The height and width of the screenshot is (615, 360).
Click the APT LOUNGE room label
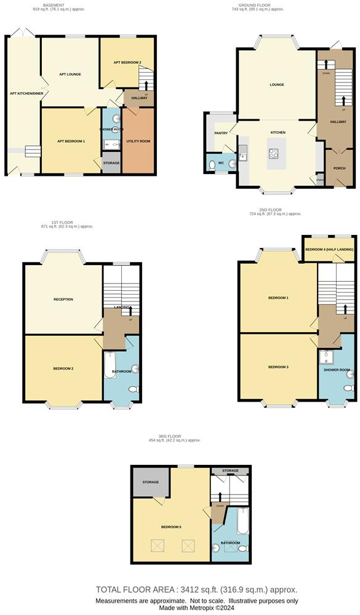click(70, 74)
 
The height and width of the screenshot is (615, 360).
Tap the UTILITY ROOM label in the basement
click(138, 141)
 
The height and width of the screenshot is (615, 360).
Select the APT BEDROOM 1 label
click(71, 141)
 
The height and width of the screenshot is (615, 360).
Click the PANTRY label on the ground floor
click(221, 133)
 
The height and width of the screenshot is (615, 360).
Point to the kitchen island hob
click(272, 154)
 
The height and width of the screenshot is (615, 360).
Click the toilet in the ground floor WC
click(231, 164)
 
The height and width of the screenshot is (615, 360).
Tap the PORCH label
click(339, 169)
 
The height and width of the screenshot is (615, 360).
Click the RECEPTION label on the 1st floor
click(63, 300)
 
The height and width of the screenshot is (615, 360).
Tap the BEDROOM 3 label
click(278, 367)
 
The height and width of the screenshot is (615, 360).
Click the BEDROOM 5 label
click(171, 527)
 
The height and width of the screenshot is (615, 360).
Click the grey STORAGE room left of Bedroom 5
click(151, 482)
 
